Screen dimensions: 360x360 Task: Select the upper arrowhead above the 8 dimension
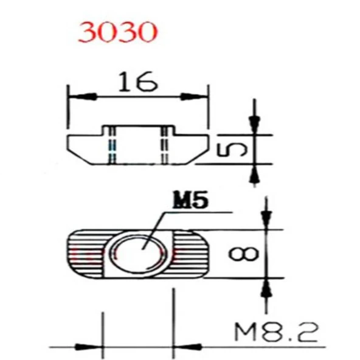266,221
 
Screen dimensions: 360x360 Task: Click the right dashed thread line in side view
164,146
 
